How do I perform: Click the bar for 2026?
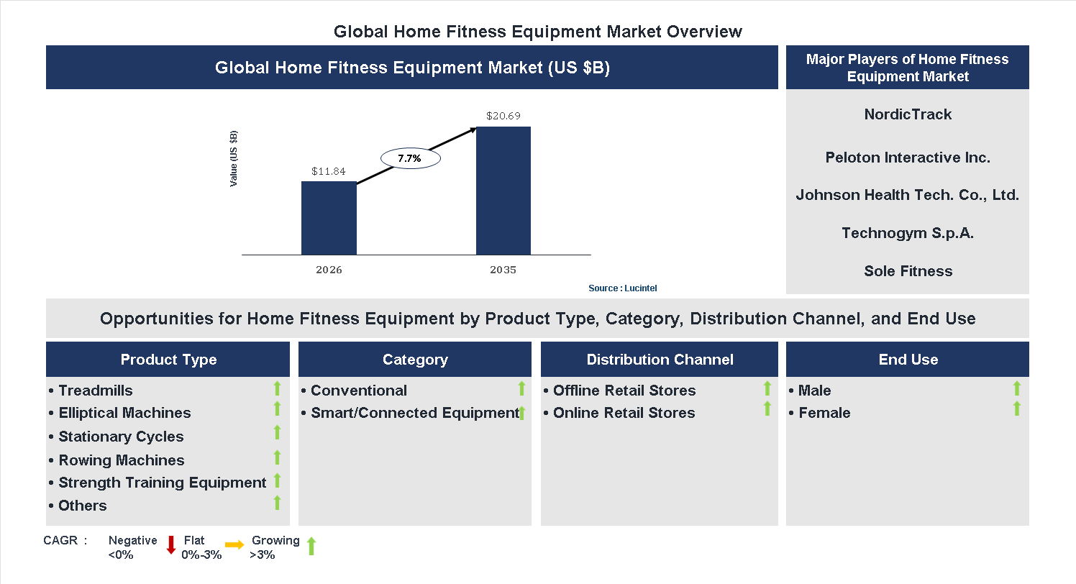[x=329, y=218]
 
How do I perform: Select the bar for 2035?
[x=503, y=191]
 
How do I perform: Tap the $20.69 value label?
[x=503, y=115]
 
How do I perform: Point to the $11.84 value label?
[x=329, y=171]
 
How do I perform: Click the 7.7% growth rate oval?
[x=409, y=158]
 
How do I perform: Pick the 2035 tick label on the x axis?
[x=503, y=270]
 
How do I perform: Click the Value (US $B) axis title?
[x=233, y=159]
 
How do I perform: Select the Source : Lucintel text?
[x=622, y=288]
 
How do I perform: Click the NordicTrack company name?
[x=908, y=114]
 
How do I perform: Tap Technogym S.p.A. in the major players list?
[x=908, y=233]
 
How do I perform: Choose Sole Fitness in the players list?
[x=908, y=271]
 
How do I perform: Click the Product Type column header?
[x=168, y=360]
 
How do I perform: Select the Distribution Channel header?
[x=660, y=360]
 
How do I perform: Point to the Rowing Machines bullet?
[x=121, y=460]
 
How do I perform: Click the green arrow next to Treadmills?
[x=277, y=389]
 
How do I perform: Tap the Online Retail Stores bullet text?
[x=624, y=413]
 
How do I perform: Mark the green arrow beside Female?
[x=1016, y=409]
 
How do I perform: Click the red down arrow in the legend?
[x=171, y=545]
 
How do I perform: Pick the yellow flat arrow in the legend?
[x=234, y=545]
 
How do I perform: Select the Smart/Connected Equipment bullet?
[x=414, y=413]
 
